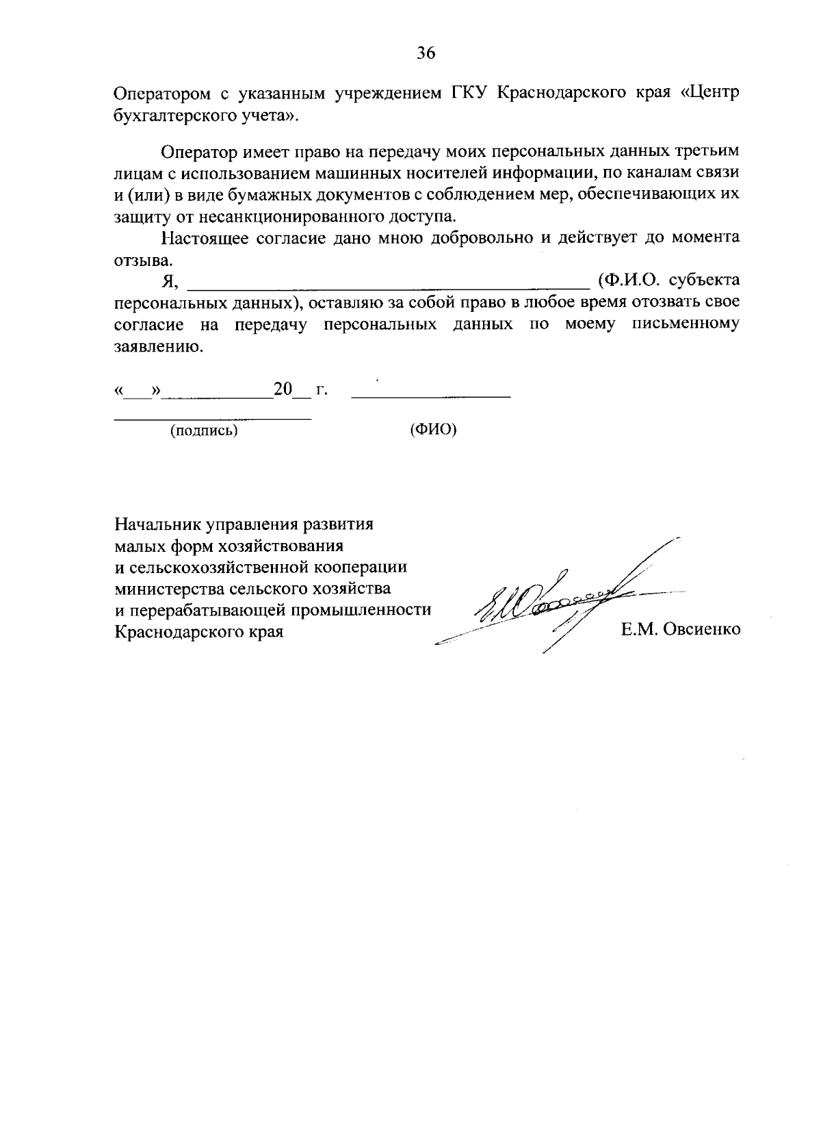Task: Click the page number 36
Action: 426,53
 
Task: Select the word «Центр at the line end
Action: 709,94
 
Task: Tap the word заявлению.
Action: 158,347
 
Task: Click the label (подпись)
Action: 204,431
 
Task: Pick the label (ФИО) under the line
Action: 433,431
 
